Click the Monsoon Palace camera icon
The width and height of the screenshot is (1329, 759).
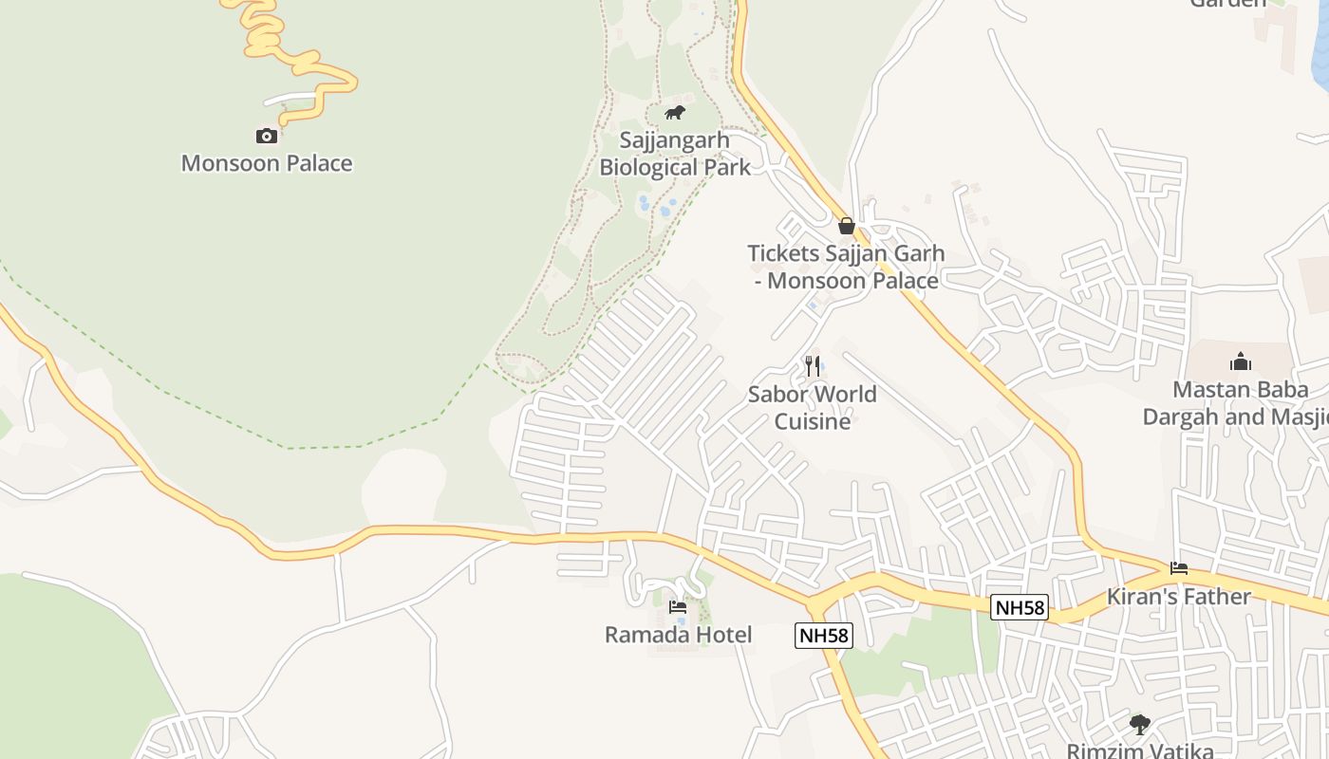(267, 136)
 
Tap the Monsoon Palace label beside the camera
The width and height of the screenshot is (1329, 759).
(267, 163)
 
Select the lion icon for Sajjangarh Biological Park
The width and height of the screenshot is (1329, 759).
(675, 113)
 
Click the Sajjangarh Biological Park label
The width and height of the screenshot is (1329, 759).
(675, 154)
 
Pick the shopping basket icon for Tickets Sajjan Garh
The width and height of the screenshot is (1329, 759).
(847, 226)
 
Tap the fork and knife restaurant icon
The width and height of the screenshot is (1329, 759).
(813, 365)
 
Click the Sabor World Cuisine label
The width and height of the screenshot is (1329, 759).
(813, 407)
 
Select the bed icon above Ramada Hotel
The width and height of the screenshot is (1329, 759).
(678, 607)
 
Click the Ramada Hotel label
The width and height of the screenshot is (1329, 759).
(678, 635)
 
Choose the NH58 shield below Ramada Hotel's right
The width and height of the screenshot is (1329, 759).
(823, 636)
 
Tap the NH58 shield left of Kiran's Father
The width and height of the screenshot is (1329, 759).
(1019, 607)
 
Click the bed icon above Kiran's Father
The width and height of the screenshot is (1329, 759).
(1179, 568)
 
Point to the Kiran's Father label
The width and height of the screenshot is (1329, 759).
(1179, 597)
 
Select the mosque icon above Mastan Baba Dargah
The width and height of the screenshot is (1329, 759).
(1241, 361)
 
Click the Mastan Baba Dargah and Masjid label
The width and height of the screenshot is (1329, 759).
(1234, 403)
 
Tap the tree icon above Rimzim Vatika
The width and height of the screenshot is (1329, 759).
(1140, 725)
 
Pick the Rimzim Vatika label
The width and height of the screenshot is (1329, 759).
(1140, 750)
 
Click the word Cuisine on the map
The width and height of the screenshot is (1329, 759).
(813, 420)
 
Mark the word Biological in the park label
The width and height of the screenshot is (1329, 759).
(648, 168)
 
